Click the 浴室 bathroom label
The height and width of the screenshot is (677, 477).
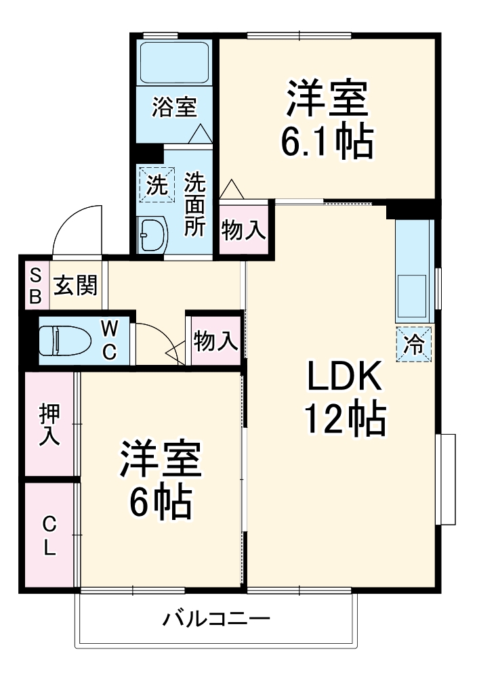coord(174,107)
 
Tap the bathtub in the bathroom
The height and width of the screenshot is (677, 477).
coord(174,62)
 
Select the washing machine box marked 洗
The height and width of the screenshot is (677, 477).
coord(157,185)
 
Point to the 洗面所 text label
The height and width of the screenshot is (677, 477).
coord(196,204)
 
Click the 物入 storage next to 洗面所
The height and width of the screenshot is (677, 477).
coord(243,231)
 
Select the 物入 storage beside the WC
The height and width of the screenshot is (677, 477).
coord(215,341)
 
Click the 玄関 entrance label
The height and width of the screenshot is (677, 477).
coord(76,285)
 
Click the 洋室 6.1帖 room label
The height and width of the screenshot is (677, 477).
coord(327,121)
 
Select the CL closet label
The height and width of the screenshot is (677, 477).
coord(49,536)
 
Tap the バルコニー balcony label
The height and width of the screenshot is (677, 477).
coord(216,619)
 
